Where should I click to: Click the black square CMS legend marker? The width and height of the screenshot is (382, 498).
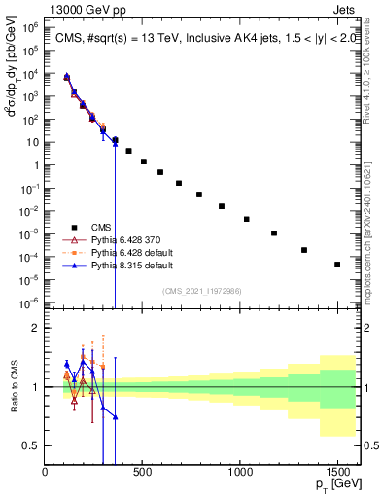click(71, 226)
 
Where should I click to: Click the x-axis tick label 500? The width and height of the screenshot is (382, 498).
click(143, 472)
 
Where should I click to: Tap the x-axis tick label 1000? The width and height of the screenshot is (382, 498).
click(240, 472)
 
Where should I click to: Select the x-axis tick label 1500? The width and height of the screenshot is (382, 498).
click(337, 472)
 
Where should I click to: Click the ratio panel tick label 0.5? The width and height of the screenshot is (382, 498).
click(31, 445)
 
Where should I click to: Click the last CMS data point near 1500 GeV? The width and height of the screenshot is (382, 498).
click(337, 265)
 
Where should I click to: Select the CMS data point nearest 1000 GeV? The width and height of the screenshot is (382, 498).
click(247, 220)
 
